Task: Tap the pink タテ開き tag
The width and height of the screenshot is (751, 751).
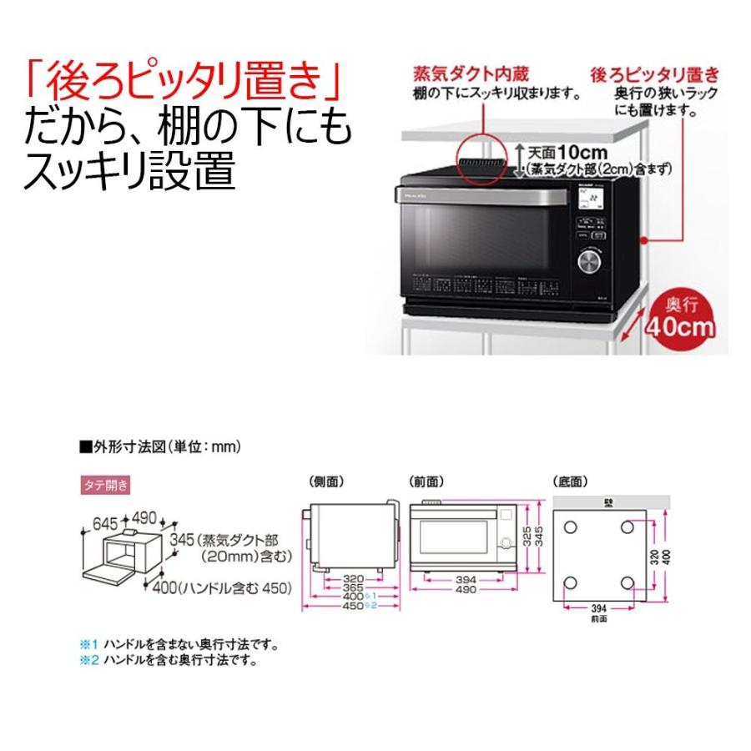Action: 103,484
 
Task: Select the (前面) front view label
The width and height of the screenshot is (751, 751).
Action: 426,481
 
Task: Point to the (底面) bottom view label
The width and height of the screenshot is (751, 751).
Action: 571,481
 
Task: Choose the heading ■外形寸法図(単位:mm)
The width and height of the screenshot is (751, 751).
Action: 159,447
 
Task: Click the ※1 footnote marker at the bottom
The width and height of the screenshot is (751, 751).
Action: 88,646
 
